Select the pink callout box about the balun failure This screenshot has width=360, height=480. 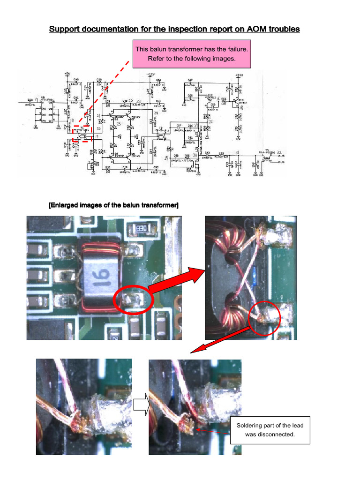tap(191, 54)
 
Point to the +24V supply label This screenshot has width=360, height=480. tap(240, 74)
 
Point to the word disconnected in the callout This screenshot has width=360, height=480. tap(278, 434)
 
